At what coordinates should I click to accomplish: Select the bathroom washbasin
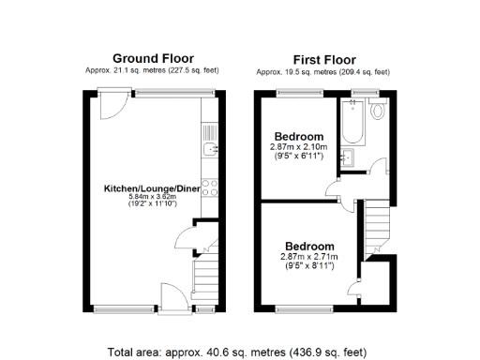click(348, 157)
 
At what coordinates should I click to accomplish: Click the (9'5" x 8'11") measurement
click(307, 265)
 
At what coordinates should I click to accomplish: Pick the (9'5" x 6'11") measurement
click(296, 155)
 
